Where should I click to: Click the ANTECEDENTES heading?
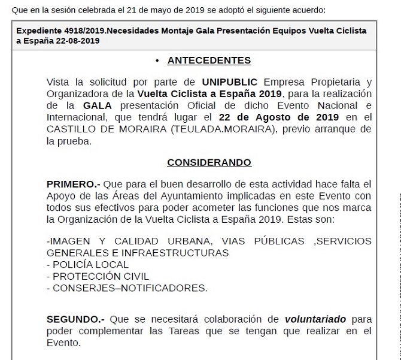tap(209, 60)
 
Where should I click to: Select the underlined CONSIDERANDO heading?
tap(209, 162)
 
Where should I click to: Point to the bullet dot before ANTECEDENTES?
tap(157, 60)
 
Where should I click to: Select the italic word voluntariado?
tap(315, 319)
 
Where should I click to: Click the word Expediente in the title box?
tap(38, 31)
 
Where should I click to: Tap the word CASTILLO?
tap(72, 129)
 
